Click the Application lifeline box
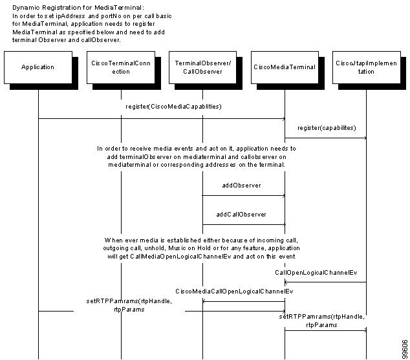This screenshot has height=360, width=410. tap(38, 67)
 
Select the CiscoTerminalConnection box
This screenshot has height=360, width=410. tap(121, 67)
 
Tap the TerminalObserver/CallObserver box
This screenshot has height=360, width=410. tap(202, 67)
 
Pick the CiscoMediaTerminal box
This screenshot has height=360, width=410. tap(285, 67)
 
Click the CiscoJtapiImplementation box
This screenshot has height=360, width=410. tap(366, 67)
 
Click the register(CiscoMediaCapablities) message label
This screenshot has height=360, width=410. tap(173, 107)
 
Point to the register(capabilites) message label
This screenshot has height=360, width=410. tap(327, 128)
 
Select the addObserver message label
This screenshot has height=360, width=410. tap(241, 185)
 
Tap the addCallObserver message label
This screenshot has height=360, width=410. tap(241, 215)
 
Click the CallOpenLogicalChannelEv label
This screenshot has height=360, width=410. tap(316, 273)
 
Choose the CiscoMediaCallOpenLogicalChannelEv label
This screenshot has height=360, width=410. tap(234, 291)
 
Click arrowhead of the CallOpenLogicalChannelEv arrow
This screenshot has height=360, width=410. tap(286, 282)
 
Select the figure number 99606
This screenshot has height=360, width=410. tap(405, 349)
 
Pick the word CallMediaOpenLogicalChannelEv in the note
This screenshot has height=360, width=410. tap(180, 257)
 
